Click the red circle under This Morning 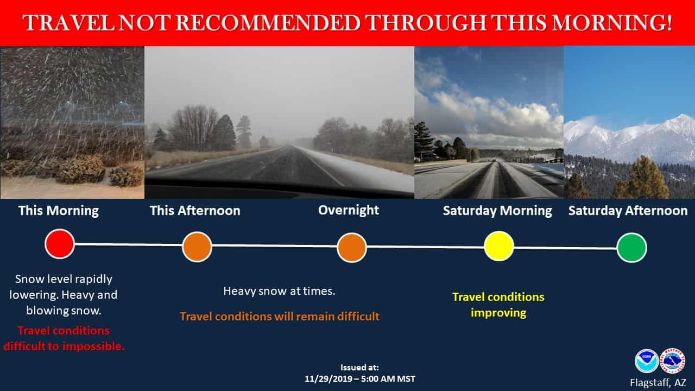coord(60,244)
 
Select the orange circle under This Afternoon coord(197,247)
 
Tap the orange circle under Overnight coord(352,248)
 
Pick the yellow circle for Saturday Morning coord(499,246)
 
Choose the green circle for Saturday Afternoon coord(631,248)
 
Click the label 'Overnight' coord(349,210)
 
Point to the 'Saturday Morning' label coord(497,211)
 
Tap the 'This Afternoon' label coord(195,211)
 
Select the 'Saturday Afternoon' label coord(628,211)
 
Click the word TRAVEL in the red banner coord(68,23)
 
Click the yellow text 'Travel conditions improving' coord(498,305)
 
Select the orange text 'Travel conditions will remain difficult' coord(280,317)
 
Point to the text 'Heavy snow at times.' coord(279,291)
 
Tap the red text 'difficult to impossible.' coord(64,346)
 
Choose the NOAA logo coord(646,361)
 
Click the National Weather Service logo coord(672,361)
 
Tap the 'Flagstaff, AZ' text coord(658,383)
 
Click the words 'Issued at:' coord(359,368)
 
